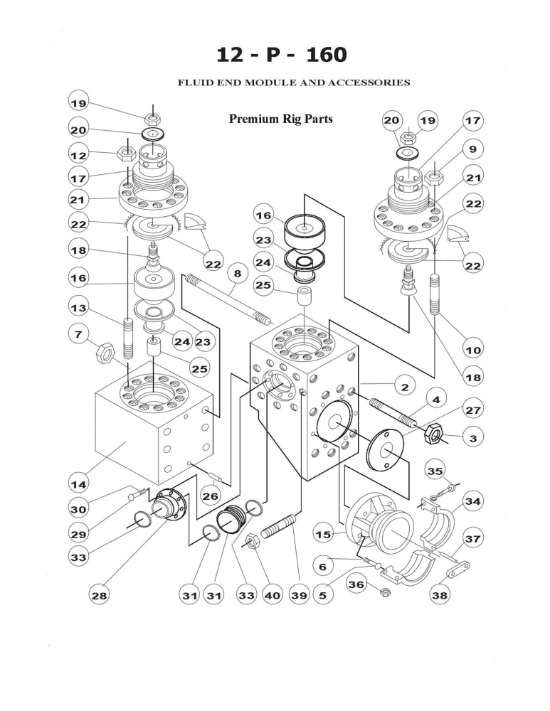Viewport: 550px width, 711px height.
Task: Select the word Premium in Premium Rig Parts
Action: [252, 119]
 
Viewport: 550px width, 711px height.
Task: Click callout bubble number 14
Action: [78, 485]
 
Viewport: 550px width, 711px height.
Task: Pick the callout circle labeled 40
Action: [273, 596]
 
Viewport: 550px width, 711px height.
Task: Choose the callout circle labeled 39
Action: [299, 596]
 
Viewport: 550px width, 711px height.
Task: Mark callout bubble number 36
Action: [356, 584]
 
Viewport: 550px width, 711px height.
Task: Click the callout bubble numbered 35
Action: [435, 470]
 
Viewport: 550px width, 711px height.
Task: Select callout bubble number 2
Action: [404, 387]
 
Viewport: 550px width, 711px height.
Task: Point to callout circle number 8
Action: [237, 273]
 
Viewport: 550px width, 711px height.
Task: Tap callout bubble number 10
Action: [472, 350]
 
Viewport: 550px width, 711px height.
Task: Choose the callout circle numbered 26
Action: [210, 496]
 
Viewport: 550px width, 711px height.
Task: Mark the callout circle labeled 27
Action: [472, 410]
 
